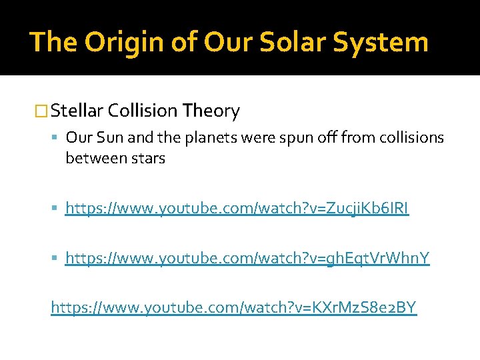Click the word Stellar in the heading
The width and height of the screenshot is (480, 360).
pos(77,111)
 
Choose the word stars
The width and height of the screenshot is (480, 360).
pos(144,158)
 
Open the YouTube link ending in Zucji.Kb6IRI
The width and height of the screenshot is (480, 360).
pos(237,209)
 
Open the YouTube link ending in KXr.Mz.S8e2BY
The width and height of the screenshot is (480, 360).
pos(234,307)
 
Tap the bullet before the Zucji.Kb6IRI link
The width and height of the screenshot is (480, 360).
pos(57,209)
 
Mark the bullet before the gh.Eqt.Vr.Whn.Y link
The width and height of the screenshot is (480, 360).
pos(57,257)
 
